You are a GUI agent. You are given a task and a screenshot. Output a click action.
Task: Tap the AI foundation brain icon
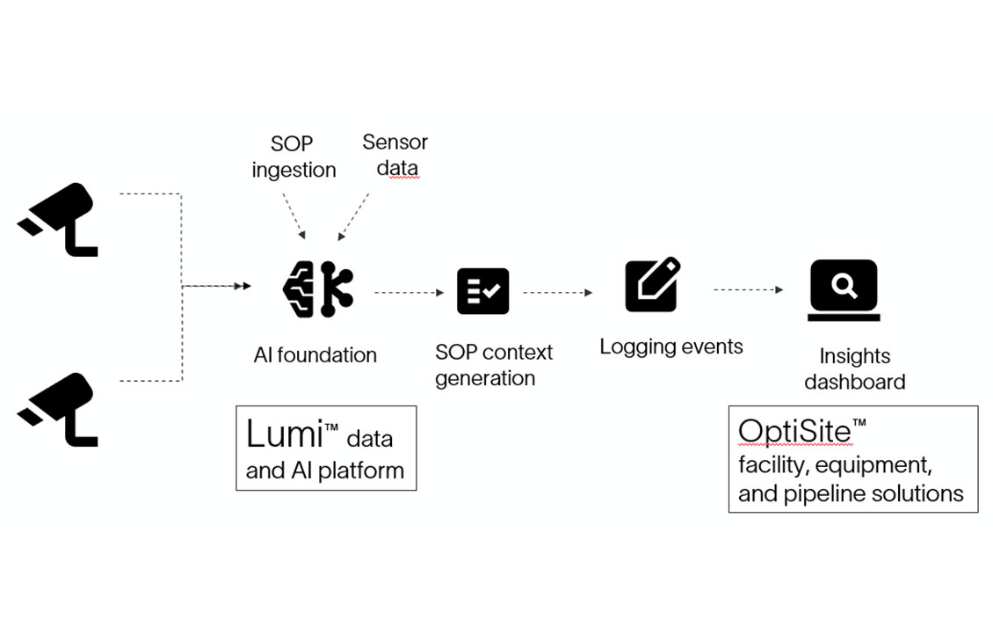coord(317,288)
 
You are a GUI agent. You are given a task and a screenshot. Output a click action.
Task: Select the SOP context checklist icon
coord(482,291)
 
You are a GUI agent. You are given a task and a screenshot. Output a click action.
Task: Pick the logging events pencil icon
coord(652,284)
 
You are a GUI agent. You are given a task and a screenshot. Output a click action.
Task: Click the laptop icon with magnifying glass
coord(844,289)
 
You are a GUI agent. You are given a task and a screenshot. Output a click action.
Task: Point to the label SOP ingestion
coord(294,157)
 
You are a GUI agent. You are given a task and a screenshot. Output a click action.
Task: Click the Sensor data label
coord(395,154)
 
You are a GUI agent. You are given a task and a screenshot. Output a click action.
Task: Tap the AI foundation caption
coord(315,355)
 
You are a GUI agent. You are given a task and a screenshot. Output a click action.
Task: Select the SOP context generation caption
coord(494,365)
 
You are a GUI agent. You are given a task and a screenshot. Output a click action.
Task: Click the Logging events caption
coord(671,347)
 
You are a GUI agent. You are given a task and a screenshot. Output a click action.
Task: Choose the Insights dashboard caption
coord(854,368)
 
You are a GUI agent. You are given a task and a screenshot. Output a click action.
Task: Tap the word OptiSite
coord(794,431)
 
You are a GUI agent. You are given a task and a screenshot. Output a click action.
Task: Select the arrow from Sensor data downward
coord(356,212)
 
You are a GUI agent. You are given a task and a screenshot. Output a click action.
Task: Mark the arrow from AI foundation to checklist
coord(410,293)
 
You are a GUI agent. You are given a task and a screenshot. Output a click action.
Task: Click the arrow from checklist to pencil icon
coord(559,293)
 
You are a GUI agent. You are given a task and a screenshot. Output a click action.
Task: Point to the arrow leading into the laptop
coord(748,289)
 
